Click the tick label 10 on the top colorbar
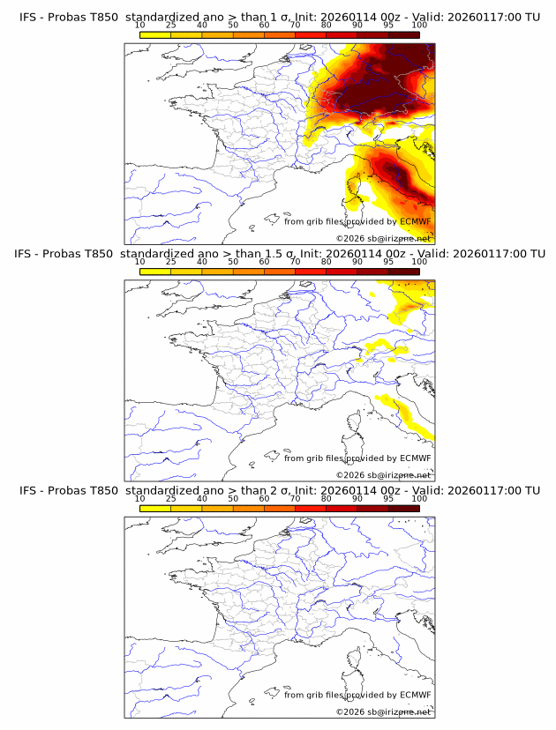click(x=140, y=25)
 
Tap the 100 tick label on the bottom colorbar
click(x=419, y=498)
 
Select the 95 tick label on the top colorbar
click(x=388, y=25)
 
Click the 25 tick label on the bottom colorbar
click(x=171, y=498)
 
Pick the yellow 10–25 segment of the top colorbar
click(x=155, y=34)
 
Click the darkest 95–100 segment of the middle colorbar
click(x=404, y=271)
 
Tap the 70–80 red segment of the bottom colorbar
click(x=311, y=508)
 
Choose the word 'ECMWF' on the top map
click(x=415, y=221)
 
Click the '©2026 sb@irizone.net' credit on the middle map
click(x=383, y=475)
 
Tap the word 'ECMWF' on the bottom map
click(x=415, y=695)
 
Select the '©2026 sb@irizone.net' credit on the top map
click(x=383, y=239)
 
